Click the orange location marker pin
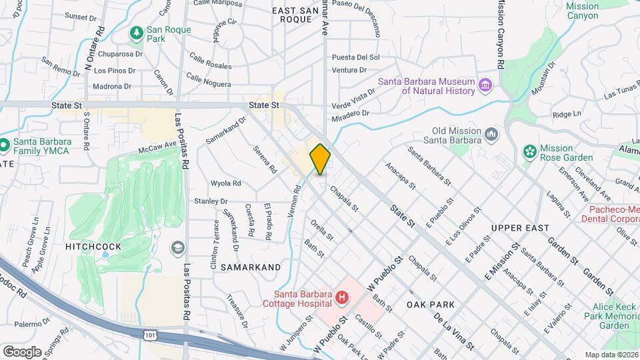(320, 159)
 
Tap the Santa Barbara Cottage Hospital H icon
(342, 297)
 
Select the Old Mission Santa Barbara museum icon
(492, 135)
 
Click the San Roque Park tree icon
(137, 31)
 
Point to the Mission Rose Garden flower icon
(530, 152)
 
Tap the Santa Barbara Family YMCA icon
(4, 144)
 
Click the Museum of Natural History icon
(485, 85)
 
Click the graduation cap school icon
(177, 248)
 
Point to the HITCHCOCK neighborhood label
(93, 247)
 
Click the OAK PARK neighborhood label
(431, 304)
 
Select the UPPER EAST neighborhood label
(519, 228)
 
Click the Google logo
(22, 351)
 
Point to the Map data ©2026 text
(611, 355)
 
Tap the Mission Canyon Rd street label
(499, 33)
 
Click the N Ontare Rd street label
(94, 48)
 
